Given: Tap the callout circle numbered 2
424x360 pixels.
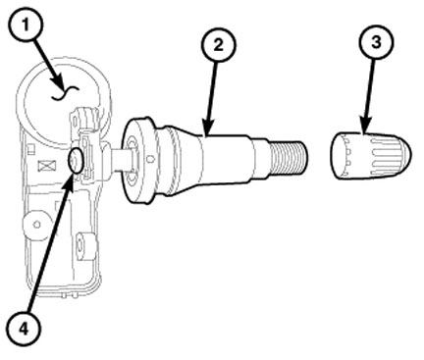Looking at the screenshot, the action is [218, 44].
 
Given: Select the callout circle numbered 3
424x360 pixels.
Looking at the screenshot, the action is [376, 42].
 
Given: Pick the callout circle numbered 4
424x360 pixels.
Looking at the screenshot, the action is [24, 328].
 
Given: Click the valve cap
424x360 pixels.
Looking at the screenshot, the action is [371, 155].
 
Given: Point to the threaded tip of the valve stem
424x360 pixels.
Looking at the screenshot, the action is [289, 157].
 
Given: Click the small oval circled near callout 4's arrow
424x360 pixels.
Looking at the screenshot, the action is [76, 160].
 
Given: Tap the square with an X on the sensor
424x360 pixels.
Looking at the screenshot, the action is [47, 166].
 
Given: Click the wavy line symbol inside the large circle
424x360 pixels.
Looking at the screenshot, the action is [65, 93].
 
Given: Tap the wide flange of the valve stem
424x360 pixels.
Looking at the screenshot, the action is [138, 161].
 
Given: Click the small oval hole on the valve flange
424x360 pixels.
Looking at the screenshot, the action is [150, 159].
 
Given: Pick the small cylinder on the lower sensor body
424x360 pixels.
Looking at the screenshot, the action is [84, 246].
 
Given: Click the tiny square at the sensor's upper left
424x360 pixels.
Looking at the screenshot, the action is [31, 149].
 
